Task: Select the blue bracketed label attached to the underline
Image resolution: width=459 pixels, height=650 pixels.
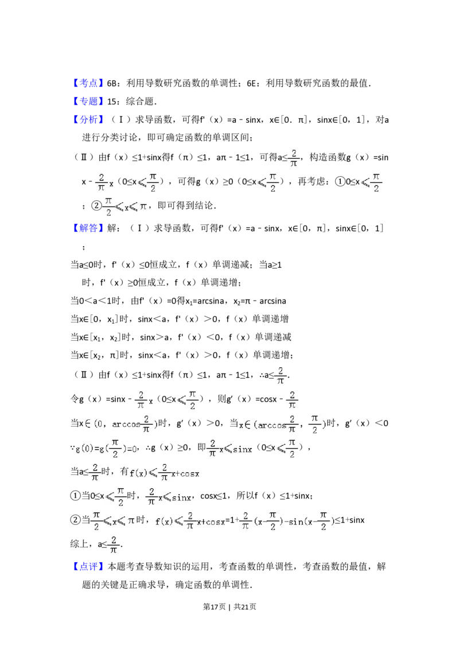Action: [89, 84]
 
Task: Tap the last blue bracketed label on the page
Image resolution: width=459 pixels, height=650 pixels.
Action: [89, 567]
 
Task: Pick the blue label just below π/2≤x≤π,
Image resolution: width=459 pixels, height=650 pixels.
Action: [89, 228]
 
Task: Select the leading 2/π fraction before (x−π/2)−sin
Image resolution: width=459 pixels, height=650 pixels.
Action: [246, 521]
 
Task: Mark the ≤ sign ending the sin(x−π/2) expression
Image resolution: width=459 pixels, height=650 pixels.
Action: [337, 521]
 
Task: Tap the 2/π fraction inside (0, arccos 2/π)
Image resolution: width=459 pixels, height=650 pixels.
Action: [147, 425]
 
